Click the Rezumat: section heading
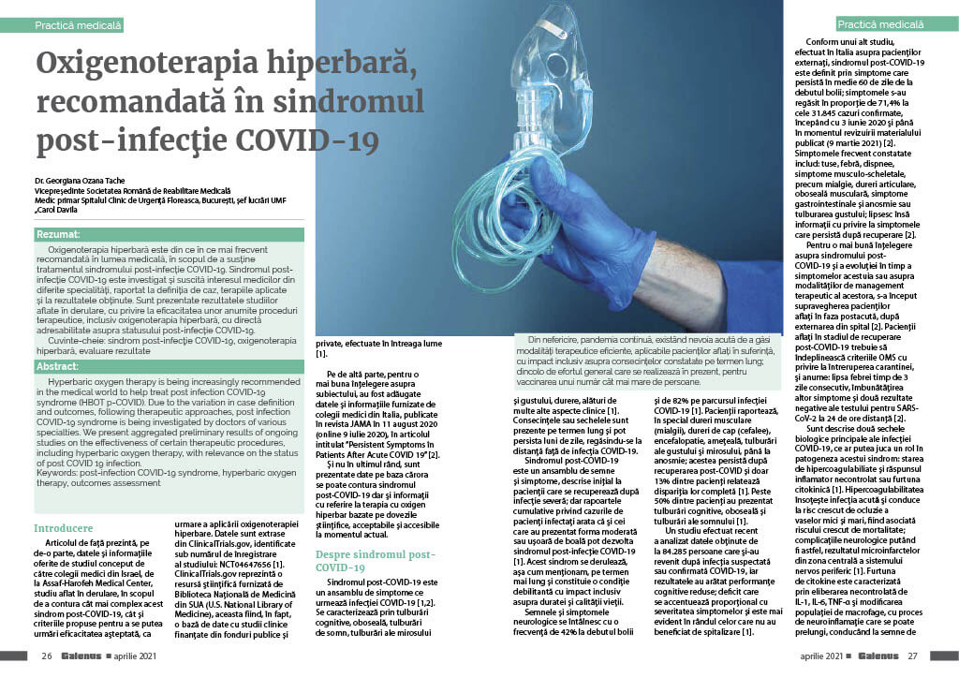pos(59,234)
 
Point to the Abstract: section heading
pos(57,367)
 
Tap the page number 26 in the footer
pos(45,656)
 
